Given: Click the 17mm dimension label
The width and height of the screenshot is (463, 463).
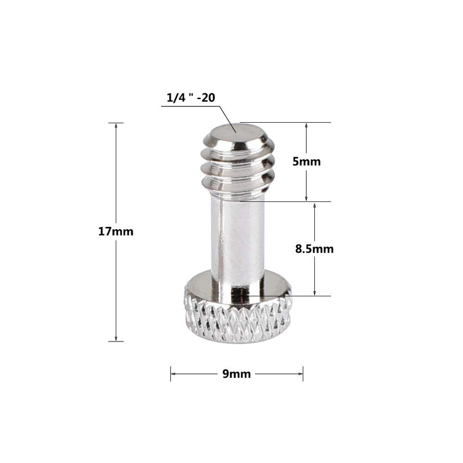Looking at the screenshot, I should (116, 231).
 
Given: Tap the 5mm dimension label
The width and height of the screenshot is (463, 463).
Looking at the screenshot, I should (306, 161).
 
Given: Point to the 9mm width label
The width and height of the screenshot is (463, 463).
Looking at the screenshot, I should (237, 374).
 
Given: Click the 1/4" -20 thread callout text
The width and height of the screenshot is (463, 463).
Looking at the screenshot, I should (191, 98).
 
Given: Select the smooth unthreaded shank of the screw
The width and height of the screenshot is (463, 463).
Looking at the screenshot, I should (237, 243).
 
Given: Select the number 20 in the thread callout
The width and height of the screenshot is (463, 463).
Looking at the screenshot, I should (208, 98).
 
